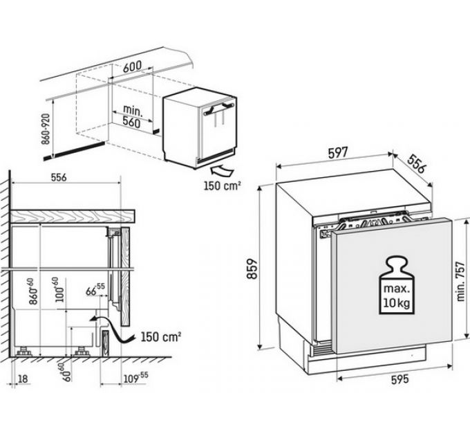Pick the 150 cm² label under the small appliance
point(221,185)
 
